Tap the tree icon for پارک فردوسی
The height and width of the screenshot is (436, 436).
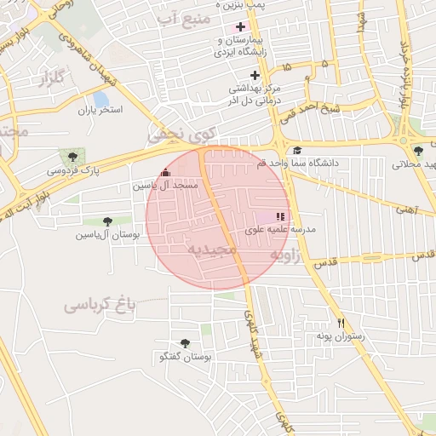coord(72,157)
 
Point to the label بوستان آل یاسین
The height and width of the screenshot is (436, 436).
coord(106,233)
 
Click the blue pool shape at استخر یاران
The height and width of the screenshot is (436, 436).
coord(101,100)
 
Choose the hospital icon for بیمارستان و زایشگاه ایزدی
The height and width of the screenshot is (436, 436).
coord(241,26)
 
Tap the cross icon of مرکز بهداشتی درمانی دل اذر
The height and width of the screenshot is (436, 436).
coord(254,75)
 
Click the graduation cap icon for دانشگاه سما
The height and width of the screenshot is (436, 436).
coord(296,151)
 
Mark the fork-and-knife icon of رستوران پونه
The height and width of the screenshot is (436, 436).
coord(341,323)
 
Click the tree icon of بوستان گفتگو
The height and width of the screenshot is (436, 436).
coord(185,343)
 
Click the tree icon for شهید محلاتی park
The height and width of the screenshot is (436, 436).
coord(416,151)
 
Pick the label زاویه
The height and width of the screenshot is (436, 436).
coord(287,255)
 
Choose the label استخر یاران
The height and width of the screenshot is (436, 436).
coord(100,111)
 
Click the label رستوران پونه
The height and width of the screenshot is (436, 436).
coord(341,337)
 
